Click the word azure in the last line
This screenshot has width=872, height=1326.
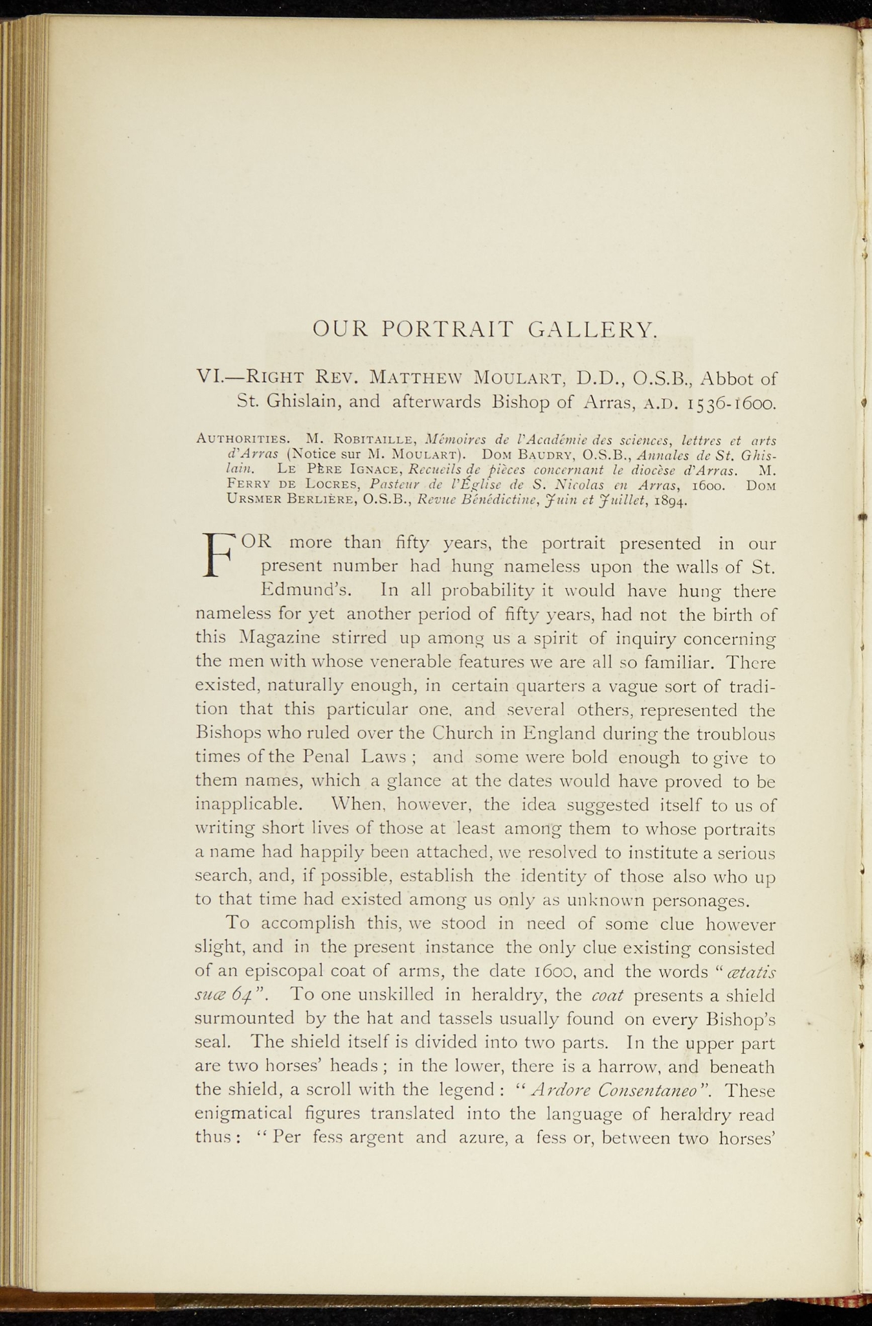(478, 1138)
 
